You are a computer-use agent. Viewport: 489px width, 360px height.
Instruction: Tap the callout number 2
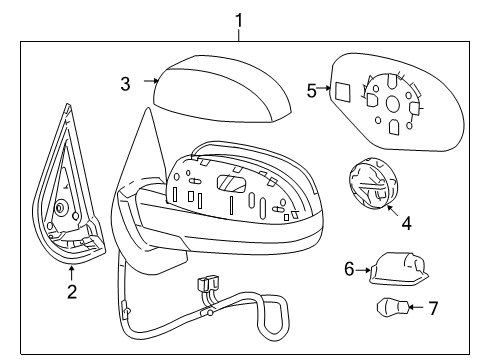(x=71, y=292)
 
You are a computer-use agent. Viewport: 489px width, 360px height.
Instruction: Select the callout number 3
(x=125, y=84)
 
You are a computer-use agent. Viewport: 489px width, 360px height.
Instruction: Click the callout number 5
(x=311, y=91)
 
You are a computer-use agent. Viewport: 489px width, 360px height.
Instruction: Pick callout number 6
(x=349, y=268)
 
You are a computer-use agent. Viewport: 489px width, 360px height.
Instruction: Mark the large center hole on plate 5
(x=392, y=104)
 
